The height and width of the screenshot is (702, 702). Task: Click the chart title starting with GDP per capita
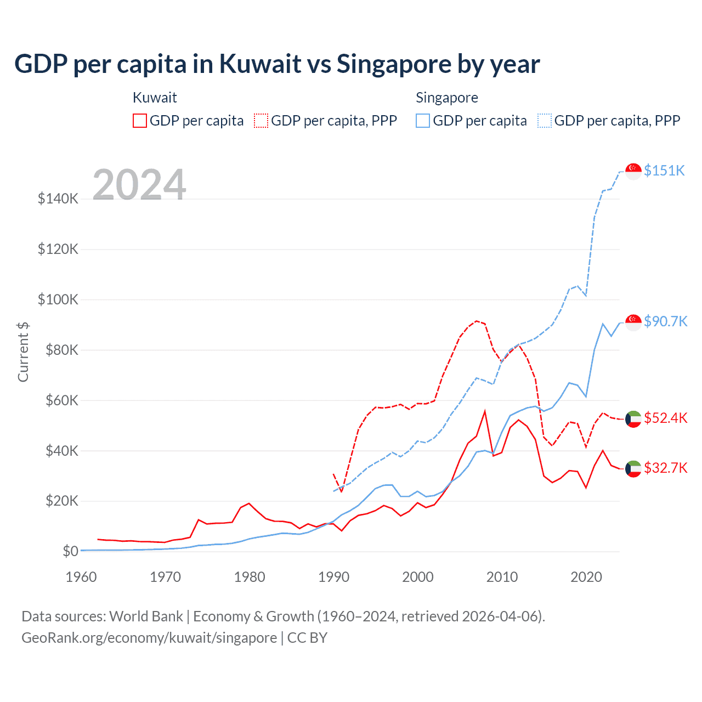pyautogui.click(x=277, y=64)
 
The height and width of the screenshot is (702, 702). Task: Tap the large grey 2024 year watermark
pyautogui.click(x=139, y=185)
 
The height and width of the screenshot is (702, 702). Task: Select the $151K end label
pyautogui.click(x=664, y=171)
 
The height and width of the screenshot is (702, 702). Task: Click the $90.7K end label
pyautogui.click(x=665, y=321)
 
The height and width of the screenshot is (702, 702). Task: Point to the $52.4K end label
pyautogui.click(x=665, y=418)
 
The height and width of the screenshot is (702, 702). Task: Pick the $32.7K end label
pyautogui.click(x=665, y=468)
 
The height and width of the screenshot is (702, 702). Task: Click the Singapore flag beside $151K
pyautogui.click(x=633, y=171)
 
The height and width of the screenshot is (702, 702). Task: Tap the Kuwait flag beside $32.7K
pyautogui.click(x=633, y=468)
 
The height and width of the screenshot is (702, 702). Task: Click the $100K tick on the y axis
pyautogui.click(x=58, y=299)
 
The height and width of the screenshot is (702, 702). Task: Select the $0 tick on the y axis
pyautogui.click(x=70, y=551)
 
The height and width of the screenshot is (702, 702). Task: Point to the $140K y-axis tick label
pyautogui.click(x=58, y=199)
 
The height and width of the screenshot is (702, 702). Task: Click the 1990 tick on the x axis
pyautogui.click(x=333, y=577)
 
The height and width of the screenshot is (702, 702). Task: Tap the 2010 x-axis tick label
pyautogui.click(x=502, y=577)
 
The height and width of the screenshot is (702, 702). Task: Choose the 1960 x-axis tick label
pyautogui.click(x=81, y=577)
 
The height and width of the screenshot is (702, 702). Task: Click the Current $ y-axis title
pyautogui.click(x=23, y=352)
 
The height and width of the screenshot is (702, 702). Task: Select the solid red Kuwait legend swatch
pyautogui.click(x=140, y=121)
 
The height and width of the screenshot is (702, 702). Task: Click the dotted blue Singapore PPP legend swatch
pyautogui.click(x=545, y=121)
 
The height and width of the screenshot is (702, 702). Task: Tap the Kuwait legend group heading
pyautogui.click(x=155, y=98)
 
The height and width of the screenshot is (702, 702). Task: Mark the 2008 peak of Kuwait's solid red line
pyautogui.click(x=485, y=411)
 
